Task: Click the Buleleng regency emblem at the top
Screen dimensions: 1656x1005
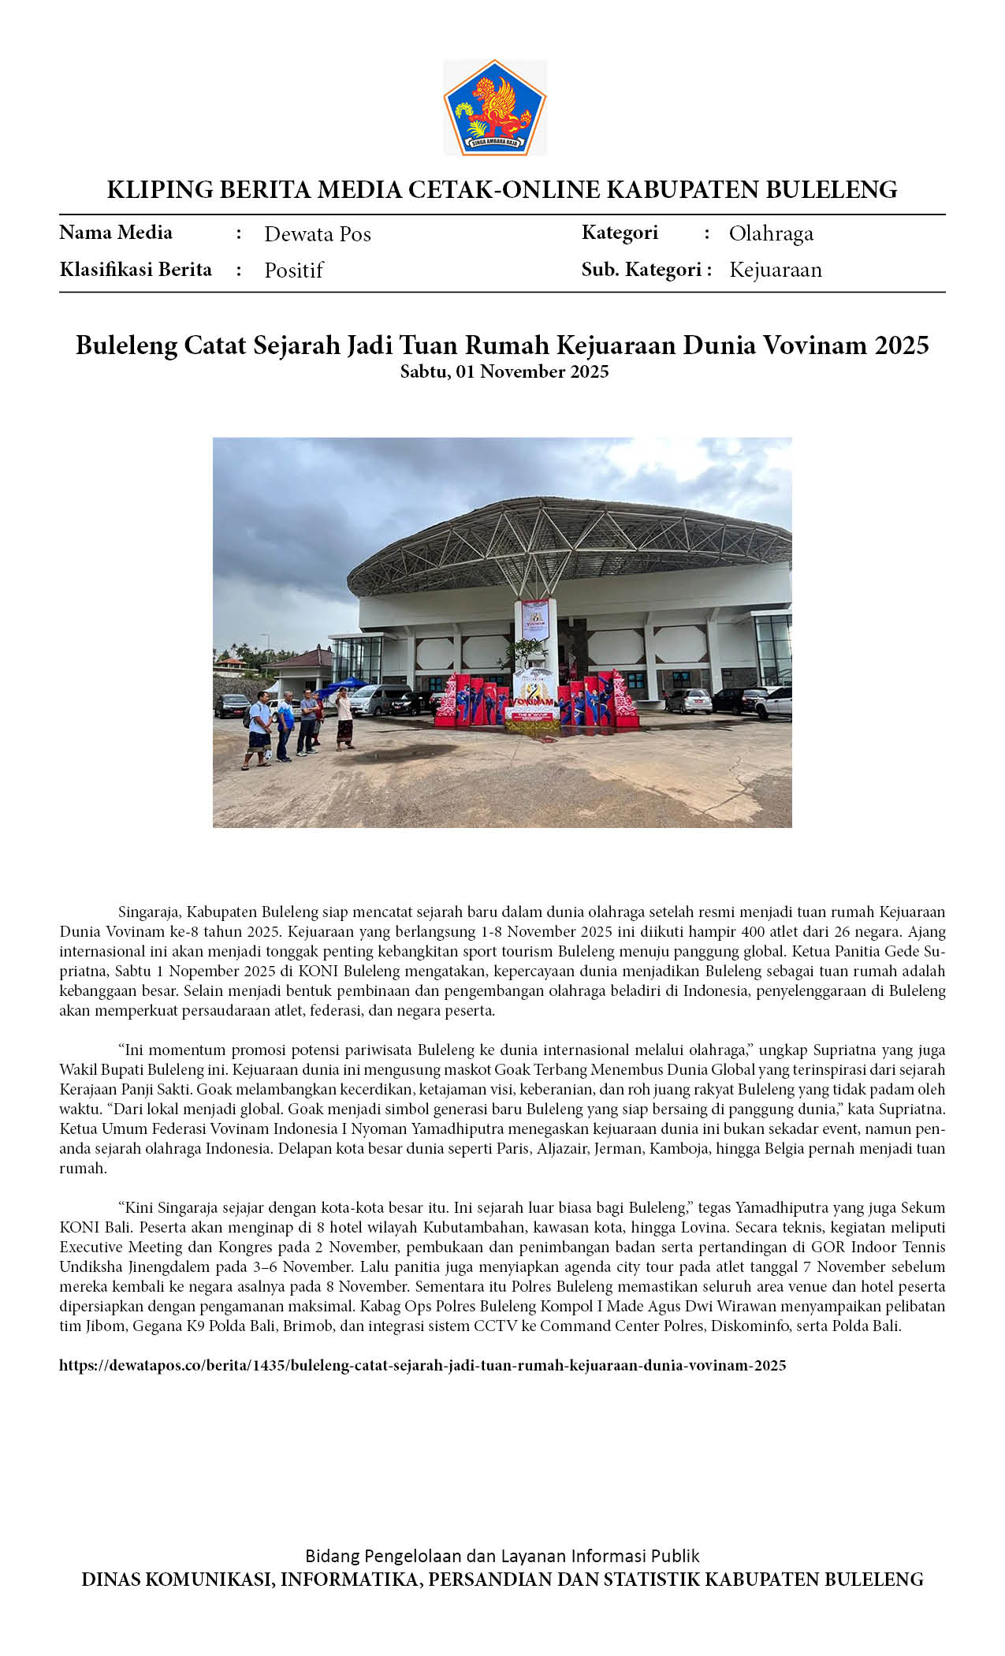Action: click(x=494, y=107)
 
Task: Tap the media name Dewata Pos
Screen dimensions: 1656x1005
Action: click(x=317, y=234)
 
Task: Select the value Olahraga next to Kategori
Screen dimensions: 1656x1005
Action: click(x=770, y=233)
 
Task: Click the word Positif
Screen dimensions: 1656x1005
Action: click(x=293, y=270)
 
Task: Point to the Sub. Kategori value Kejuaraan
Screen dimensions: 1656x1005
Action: click(x=775, y=270)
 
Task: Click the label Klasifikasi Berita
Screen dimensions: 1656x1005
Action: click(x=136, y=270)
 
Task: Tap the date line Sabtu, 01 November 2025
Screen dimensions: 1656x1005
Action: click(x=504, y=371)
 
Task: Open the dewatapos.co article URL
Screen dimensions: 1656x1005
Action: click(x=422, y=1365)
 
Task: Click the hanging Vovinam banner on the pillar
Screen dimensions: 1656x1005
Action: click(x=535, y=620)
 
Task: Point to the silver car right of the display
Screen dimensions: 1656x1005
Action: click(x=689, y=700)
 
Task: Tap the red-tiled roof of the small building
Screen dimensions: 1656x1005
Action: click(x=303, y=658)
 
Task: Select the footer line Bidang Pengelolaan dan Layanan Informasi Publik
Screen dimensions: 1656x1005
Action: click(x=502, y=1556)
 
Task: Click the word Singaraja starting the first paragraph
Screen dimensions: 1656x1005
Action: click(x=149, y=912)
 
